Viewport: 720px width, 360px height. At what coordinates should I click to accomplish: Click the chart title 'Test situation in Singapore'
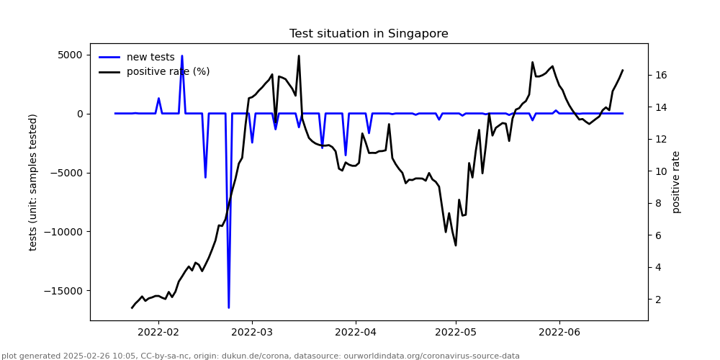[x=369, y=34]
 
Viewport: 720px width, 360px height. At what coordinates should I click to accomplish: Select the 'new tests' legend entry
[x=150, y=58]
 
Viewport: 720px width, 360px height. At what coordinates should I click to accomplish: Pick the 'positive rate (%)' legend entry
[x=168, y=72]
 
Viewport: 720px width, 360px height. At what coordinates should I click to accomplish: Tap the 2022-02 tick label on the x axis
[x=158, y=332]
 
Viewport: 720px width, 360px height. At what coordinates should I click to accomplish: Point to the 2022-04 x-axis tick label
[x=356, y=332]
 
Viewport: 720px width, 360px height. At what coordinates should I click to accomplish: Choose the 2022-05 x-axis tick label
[x=456, y=332]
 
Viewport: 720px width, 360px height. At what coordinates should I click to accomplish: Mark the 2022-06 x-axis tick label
[x=559, y=332]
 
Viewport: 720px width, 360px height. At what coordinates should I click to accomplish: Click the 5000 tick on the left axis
[x=70, y=55]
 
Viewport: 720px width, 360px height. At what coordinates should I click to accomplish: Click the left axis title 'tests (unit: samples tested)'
[x=34, y=182]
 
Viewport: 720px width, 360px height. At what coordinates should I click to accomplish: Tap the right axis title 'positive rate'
[x=676, y=182]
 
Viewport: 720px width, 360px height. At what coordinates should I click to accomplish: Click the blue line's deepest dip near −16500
[x=229, y=307]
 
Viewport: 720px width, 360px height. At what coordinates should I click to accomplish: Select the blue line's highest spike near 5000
[x=181, y=56]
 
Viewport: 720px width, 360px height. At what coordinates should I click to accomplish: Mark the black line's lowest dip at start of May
[x=455, y=246]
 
